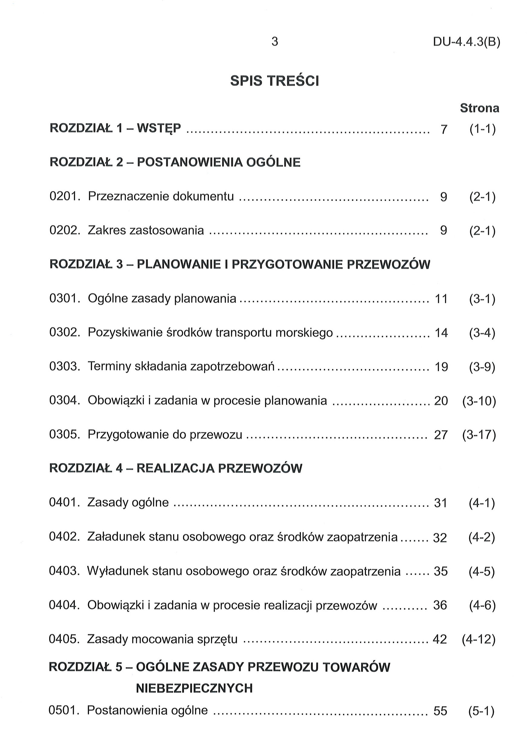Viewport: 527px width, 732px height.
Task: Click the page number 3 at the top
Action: click(x=274, y=42)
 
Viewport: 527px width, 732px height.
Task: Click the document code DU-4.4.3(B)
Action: click(x=466, y=42)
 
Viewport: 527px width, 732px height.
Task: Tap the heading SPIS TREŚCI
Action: click(x=274, y=81)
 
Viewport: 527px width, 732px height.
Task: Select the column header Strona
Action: click(x=479, y=108)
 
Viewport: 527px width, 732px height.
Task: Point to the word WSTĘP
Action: click(x=159, y=129)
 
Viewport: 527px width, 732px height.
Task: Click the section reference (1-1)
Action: click(x=482, y=129)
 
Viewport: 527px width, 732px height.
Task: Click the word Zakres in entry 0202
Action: click(x=106, y=231)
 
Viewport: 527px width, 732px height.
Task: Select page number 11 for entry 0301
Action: click(x=441, y=299)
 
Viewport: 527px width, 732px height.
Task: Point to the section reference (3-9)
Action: click(x=482, y=367)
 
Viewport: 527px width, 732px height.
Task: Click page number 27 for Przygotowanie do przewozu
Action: click(x=441, y=435)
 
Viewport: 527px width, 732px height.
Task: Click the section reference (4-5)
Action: click(x=481, y=571)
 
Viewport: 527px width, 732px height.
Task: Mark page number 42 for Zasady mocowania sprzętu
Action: click(x=440, y=639)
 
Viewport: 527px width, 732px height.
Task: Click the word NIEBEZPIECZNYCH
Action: click(x=194, y=689)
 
